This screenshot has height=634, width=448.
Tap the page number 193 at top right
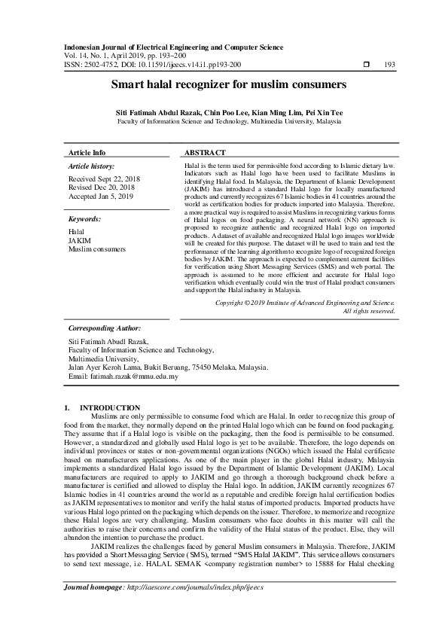(389, 65)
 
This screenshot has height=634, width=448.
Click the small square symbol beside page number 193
(367, 65)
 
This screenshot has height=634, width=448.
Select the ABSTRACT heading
(205, 152)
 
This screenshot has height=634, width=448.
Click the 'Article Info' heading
(87, 152)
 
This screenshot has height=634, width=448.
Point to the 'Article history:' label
(91, 165)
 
